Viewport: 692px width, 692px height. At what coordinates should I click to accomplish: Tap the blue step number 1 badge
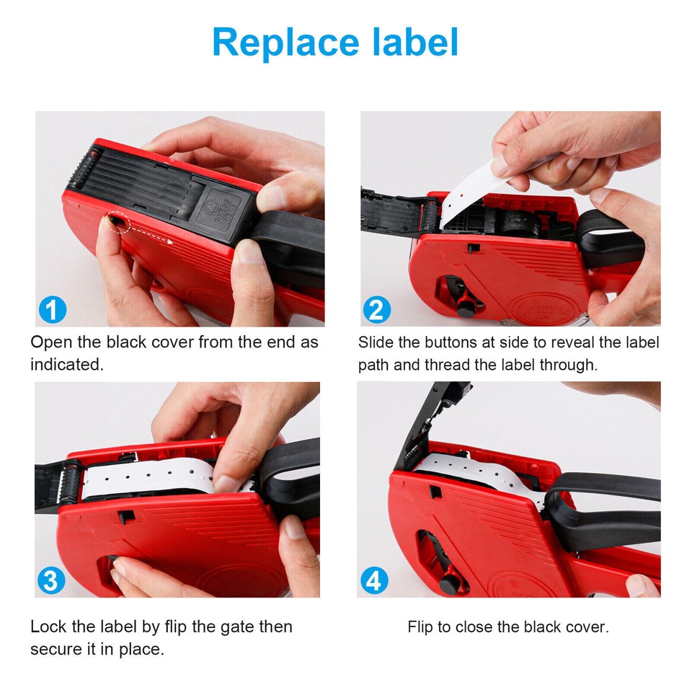pos(52,310)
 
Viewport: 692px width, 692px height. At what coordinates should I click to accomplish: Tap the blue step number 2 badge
pos(376,310)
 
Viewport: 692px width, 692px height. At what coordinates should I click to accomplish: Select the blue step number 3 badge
pos(51,580)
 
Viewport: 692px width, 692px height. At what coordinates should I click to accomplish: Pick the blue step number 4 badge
pos(375,580)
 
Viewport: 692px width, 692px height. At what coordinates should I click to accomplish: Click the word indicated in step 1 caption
pos(66,365)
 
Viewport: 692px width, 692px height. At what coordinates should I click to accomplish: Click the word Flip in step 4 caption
pos(420,626)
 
